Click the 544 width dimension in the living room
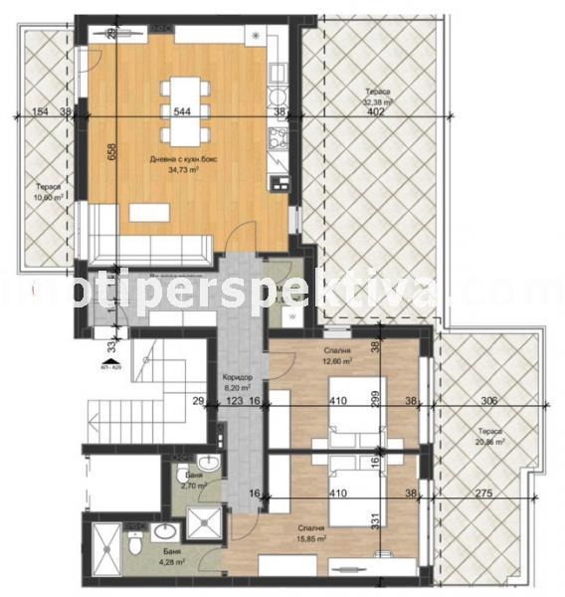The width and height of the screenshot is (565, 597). coord(182,111)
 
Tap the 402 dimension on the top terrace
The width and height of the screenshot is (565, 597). coord(375,111)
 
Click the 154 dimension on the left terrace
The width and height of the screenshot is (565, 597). coord(40,111)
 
